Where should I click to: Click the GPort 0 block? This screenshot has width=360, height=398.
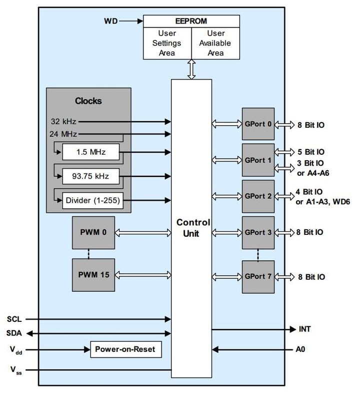click(258, 124)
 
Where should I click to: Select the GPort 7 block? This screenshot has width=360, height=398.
click(258, 277)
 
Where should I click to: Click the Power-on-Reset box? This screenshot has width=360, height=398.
click(125, 349)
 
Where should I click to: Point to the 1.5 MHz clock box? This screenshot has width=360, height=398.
click(91, 152)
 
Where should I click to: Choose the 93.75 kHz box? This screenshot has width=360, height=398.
click(91, 176)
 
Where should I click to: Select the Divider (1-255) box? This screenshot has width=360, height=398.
click(91, 200)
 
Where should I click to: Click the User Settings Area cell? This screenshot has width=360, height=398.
click(167, 44)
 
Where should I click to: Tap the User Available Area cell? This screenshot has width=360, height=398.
click(215, 44)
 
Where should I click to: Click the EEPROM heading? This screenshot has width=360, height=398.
click(191, 21)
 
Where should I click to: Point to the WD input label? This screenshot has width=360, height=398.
click(110, 21)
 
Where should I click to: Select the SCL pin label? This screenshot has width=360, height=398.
click(14, 319)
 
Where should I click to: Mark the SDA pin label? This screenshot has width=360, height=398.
click(14, 333)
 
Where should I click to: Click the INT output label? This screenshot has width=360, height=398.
click(304, 329)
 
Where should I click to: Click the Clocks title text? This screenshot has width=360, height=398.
click(88, 101)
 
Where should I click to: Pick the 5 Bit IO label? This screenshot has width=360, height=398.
click(310, 152)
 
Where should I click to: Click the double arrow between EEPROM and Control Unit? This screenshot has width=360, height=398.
click(191, 69)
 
